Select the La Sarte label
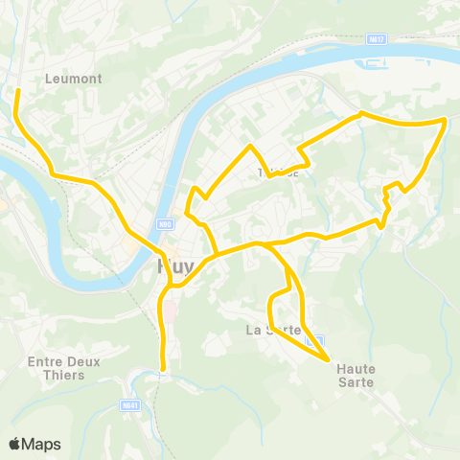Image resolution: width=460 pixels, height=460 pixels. tap(273, 331)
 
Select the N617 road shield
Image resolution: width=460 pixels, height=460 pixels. tap(377, 38)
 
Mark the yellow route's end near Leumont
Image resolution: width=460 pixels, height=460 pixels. tap(18, 90)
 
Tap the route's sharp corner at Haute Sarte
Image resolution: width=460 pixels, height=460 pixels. tap(330, 360)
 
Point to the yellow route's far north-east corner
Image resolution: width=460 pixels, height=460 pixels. tap(446, 119)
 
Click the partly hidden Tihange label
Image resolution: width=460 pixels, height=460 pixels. tap(278, 173)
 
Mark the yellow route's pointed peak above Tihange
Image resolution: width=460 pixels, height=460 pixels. tap(250, 146)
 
